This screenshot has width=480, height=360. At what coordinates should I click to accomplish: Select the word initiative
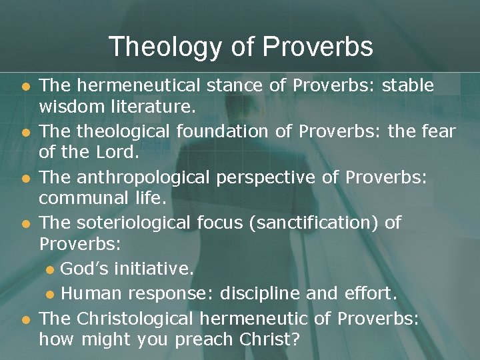tap(152, 269)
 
